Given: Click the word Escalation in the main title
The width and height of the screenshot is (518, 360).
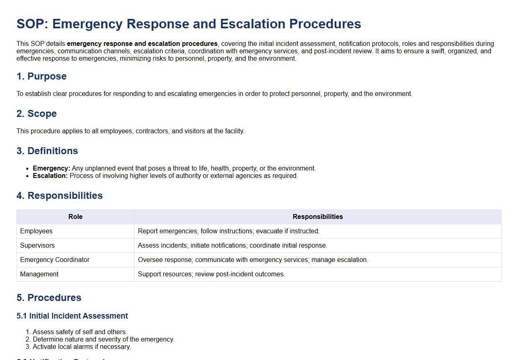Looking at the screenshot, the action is (253, 24).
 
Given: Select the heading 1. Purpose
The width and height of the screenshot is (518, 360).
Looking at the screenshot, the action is (41, 76).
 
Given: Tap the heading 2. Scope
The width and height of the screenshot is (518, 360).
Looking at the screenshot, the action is (37, 114).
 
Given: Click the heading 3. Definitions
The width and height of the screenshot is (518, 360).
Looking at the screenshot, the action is (47, 151).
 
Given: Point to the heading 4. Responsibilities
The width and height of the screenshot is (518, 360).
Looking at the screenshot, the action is (59, 196).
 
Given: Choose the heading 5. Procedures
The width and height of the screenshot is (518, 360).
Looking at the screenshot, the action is (49, 298).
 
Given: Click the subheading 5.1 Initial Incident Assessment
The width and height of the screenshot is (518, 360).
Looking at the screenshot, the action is (72, 316).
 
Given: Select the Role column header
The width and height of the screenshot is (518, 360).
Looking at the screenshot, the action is (75, 216).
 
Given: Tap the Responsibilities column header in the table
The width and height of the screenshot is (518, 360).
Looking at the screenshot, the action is (318, 216).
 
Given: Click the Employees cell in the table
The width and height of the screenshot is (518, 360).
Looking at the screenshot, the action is (37, 231).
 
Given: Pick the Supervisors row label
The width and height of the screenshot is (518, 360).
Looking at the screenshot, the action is (37, 245).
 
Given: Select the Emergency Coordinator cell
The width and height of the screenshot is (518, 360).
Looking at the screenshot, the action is (55, 260).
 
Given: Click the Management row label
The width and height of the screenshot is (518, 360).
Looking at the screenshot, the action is (39, 274).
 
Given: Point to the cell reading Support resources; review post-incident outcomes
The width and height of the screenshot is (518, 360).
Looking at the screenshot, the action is (211, 274).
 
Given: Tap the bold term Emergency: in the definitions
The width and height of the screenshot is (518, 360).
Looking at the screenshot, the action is (51, 169).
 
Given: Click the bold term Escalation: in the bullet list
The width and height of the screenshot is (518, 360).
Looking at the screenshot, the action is (50, 176).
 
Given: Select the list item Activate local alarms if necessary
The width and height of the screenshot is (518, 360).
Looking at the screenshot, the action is (82, 347).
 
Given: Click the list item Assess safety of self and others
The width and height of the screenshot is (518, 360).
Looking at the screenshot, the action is (80, 332).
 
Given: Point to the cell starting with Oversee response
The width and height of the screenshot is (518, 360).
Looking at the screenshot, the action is (253, 260).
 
